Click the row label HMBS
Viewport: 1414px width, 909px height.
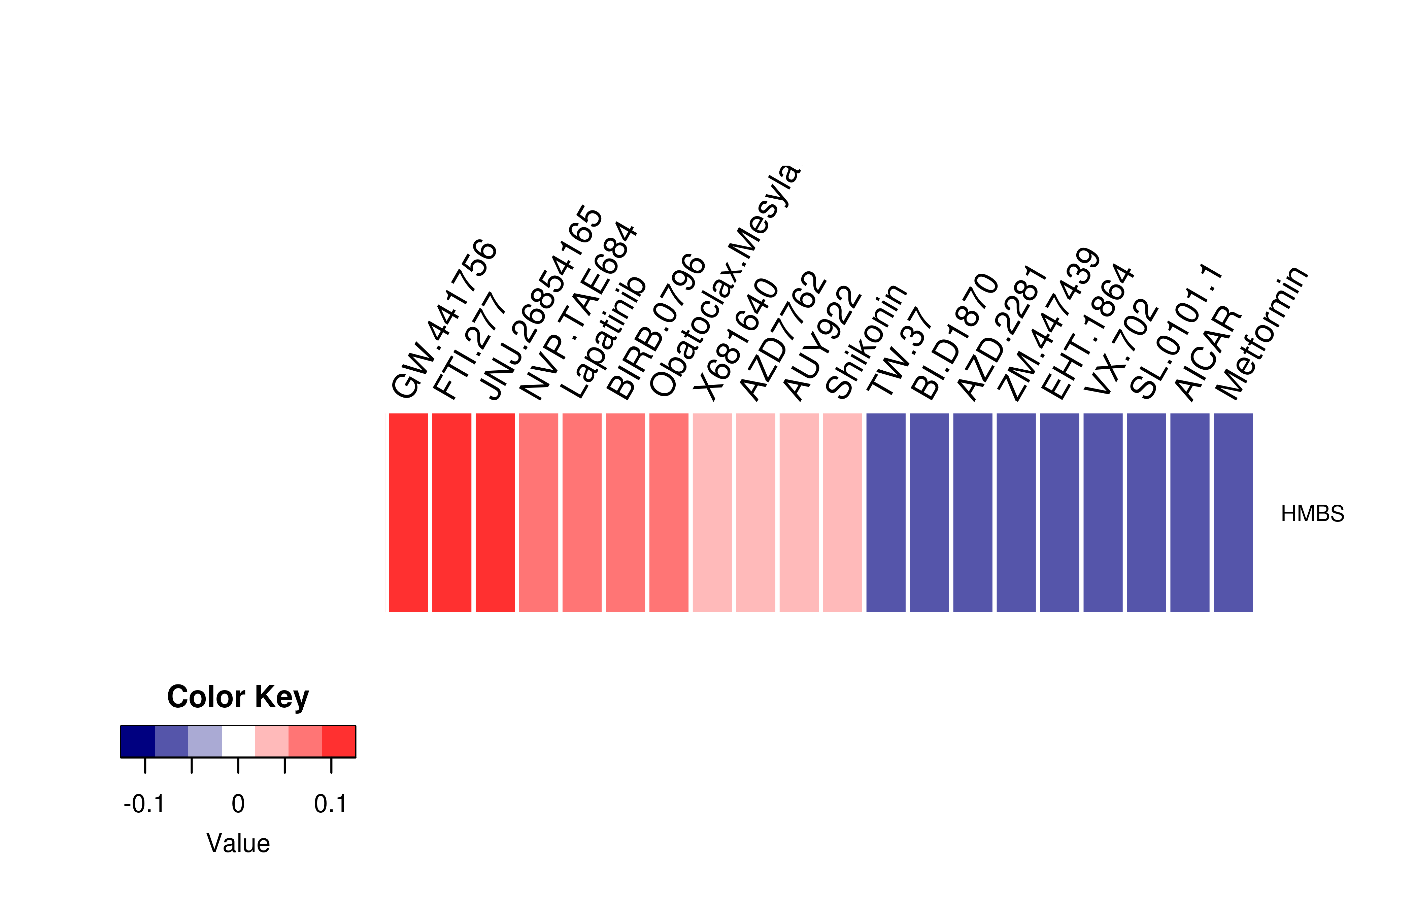[1312, 513]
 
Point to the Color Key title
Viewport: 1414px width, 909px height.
[238, 697]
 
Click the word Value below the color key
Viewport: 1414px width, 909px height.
[238, 843]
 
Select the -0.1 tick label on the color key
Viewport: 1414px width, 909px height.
[144, 804]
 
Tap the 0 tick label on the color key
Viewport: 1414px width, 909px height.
[238, 804]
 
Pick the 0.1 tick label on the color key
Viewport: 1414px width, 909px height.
[331, 804]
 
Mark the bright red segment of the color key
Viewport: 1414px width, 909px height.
[339, 741]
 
